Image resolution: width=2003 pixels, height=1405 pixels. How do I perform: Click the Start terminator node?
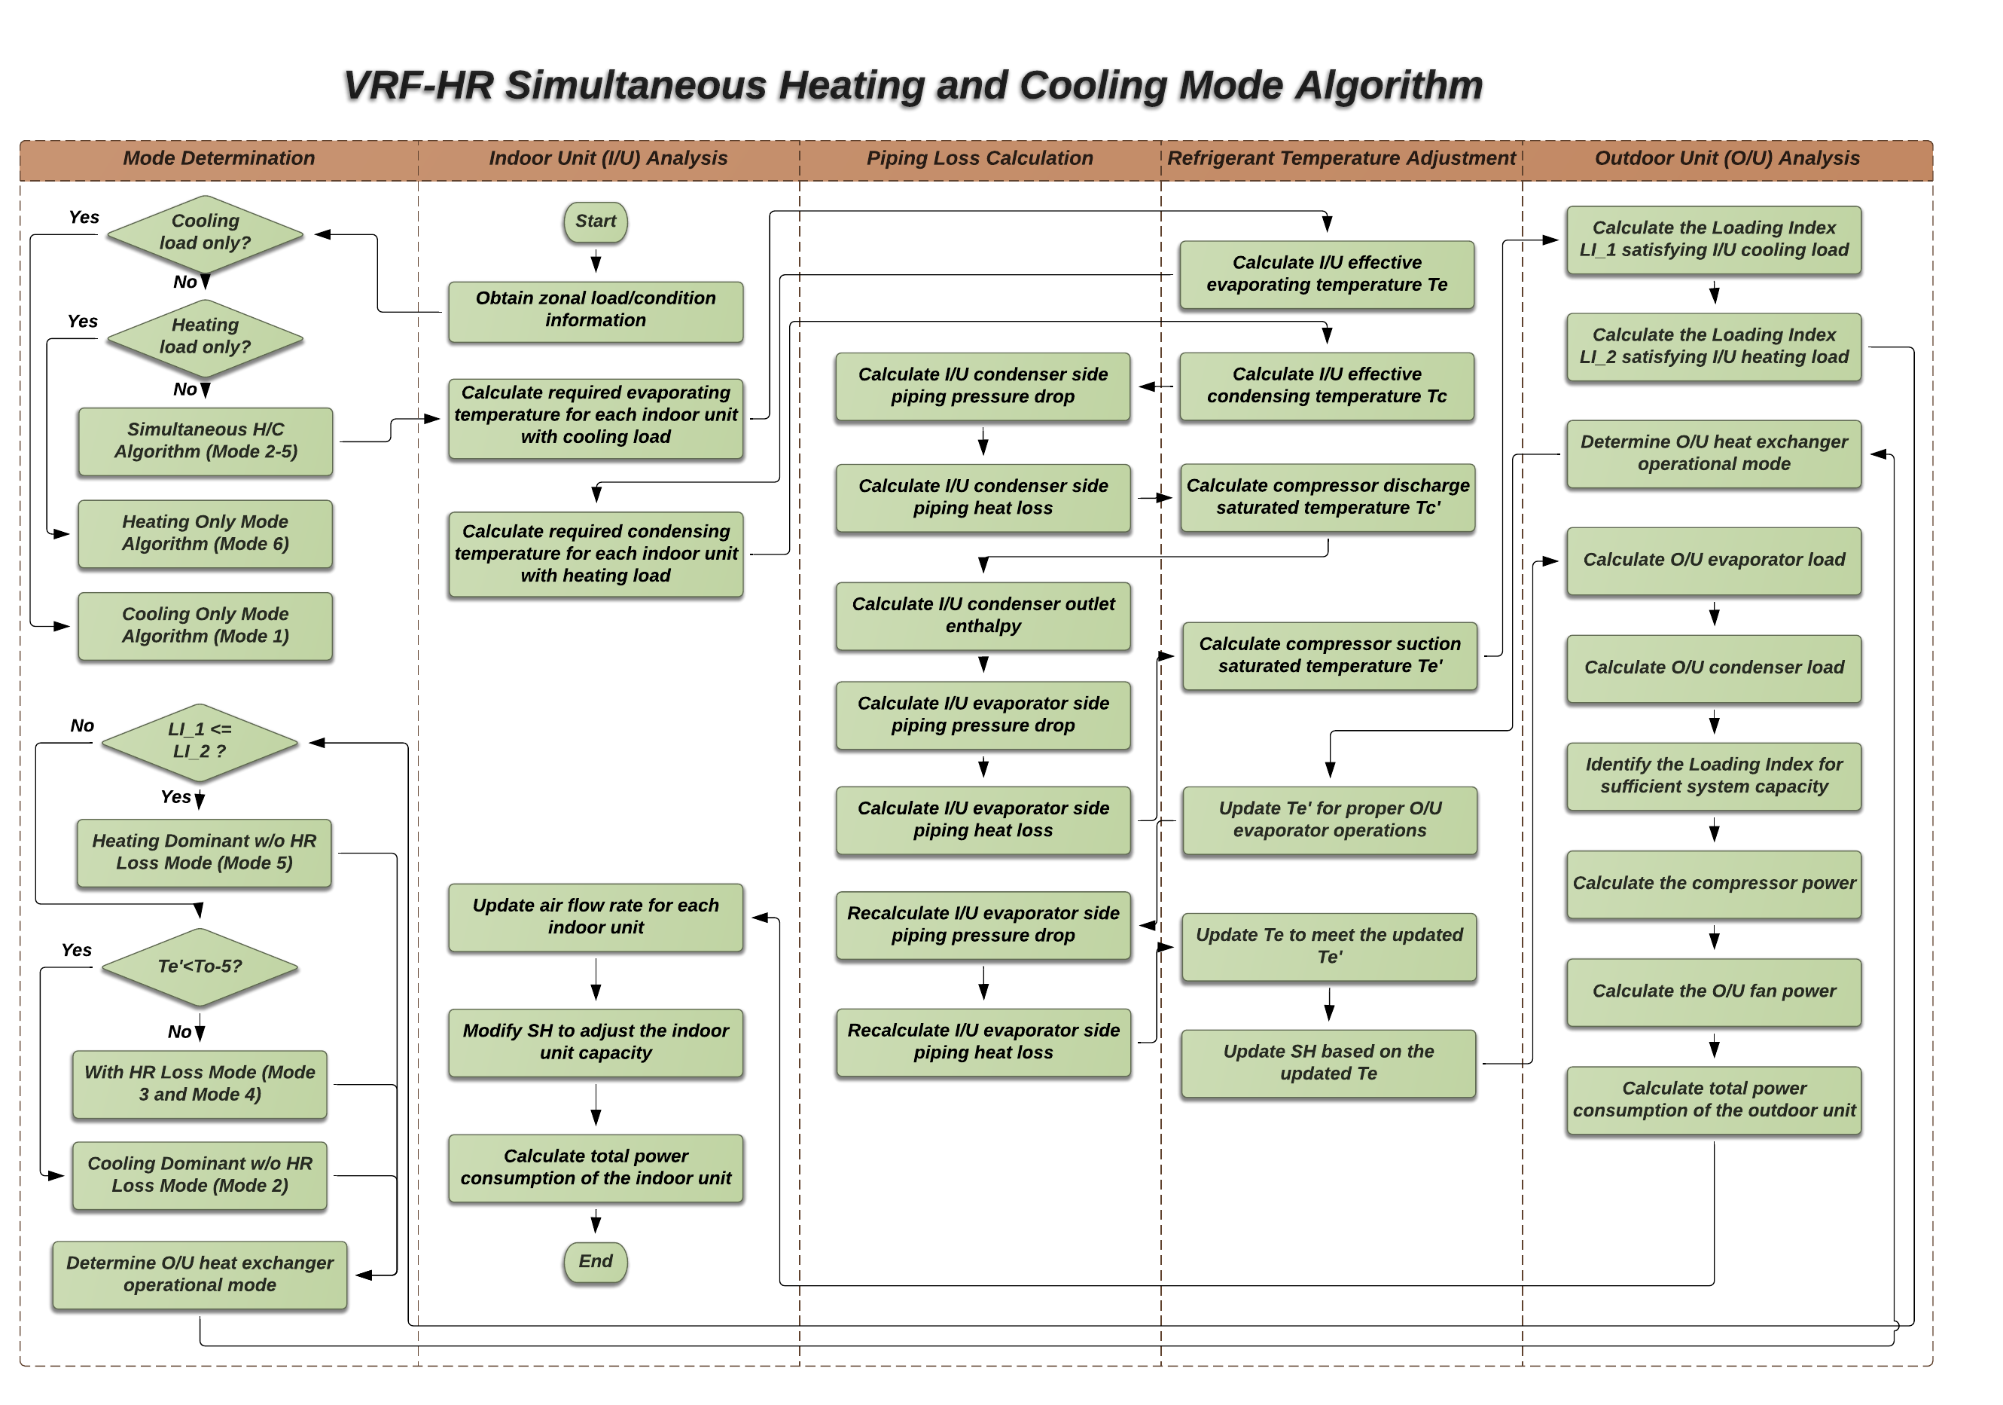click(595, 221)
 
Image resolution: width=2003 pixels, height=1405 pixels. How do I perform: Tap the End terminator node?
click(595, 1261)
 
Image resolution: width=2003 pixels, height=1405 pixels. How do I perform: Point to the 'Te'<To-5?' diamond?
click(200, 966)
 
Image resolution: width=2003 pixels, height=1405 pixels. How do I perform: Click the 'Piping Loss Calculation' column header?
click(979, 159)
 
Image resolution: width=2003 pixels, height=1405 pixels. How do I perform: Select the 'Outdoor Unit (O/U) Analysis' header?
click(1727, 159)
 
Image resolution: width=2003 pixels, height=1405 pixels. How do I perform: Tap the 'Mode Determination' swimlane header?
click(218, 159)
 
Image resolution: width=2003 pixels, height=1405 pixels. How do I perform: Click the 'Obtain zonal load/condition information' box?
click(595, 310)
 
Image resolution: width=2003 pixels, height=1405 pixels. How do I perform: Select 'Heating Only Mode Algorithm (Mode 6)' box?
click(205, 533)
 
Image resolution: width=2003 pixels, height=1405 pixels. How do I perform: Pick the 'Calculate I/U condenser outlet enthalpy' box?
click(983, 615)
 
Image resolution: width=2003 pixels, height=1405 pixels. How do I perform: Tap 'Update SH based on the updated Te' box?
click(1328, 1063)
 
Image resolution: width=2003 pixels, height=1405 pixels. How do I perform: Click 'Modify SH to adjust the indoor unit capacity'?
click(595, 1042)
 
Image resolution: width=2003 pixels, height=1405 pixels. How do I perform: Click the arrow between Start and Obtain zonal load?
click(595, 260)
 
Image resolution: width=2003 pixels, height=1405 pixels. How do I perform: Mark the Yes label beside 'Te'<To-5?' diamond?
click(77, 950)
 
